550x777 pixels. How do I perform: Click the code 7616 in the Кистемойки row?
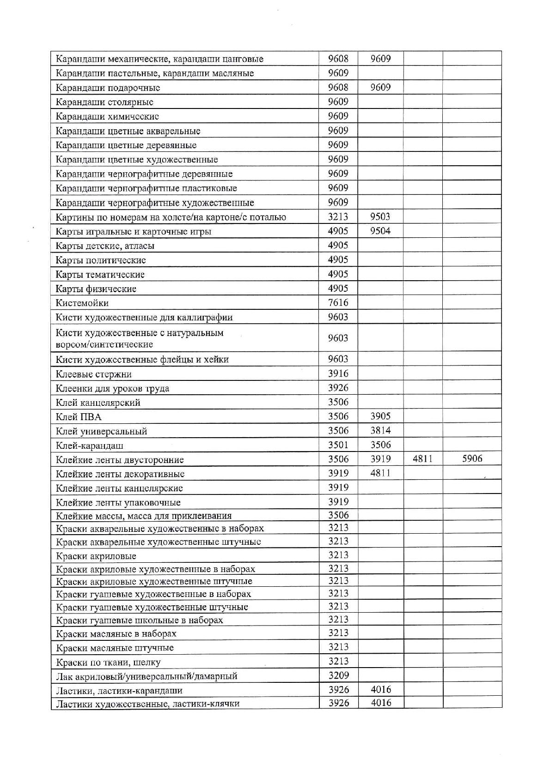click(338, 303)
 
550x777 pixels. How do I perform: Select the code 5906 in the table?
click(472, 458)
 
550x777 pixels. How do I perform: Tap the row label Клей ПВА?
click(78, 417)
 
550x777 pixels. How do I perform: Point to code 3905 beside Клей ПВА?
click(380, 416)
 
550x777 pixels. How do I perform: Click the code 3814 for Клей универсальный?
click(380, 430)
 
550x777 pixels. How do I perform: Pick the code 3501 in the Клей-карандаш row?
click(338, 445)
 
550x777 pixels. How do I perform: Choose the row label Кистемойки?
click(82, 303)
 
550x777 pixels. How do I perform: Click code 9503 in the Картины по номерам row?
click(380, 217)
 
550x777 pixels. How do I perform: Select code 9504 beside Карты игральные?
click(380, 231)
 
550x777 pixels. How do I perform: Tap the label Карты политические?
click(101, 260)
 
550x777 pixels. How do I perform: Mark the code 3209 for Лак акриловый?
click(338, 675)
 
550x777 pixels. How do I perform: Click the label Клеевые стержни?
click(94, 374)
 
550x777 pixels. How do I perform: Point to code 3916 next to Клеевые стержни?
click(338, 373)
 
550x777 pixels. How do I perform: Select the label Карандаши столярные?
click(104, 102)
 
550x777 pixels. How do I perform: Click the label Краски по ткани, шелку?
click(108, 663)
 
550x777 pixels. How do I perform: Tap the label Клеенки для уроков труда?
click(112, 388)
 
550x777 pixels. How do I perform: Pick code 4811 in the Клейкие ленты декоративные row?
click(380, 473)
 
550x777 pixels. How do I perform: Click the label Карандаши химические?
click(107, 116)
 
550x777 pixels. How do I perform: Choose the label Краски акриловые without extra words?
click(96, 556)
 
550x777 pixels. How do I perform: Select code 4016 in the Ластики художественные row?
click(380, 703)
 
